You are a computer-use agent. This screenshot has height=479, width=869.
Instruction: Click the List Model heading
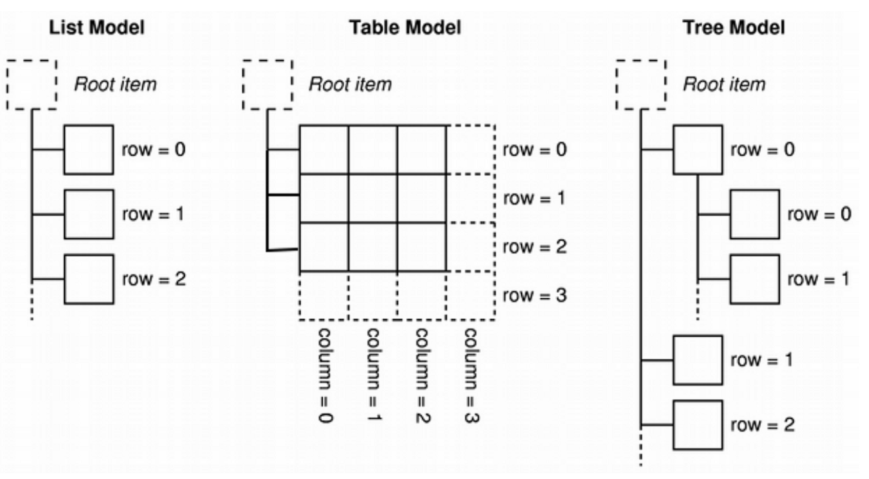[x=96, y=27]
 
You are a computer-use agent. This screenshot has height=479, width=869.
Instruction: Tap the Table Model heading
[x=405, y=27]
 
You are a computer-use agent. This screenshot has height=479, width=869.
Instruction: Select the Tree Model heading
[x=734, y=27]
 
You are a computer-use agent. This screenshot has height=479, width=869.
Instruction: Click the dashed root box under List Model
[x=32, y=85]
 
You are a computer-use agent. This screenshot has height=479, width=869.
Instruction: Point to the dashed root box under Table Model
[x=268, y=85]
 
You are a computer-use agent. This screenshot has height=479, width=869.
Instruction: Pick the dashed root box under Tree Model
[x=641, y=85]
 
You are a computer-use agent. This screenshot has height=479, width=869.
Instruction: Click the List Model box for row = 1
[x=89, y=214]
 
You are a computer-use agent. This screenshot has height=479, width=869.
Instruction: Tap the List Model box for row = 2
[x=89, y=279]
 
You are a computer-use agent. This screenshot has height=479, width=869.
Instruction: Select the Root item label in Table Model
[x=350, y=84]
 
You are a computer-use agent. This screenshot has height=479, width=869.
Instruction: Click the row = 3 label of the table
[x=535, y=296]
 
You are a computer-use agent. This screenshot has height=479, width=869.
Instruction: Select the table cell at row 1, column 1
[x=373, y=198]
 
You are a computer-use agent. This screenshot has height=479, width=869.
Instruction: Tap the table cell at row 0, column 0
[x=324, y=150]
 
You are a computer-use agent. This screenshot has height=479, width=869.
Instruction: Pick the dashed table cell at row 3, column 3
[x=471, y=296]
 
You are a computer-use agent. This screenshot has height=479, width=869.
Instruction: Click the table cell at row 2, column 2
[x=421, y=247]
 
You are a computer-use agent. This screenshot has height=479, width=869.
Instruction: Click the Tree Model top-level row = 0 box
[x=698, y=150]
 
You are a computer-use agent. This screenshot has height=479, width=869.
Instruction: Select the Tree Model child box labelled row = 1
[x=755, y=279]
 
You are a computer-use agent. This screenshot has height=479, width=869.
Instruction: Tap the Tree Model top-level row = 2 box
[x=698, y=425]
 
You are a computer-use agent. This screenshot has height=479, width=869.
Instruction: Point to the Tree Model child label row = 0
[x=819, y=214]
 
